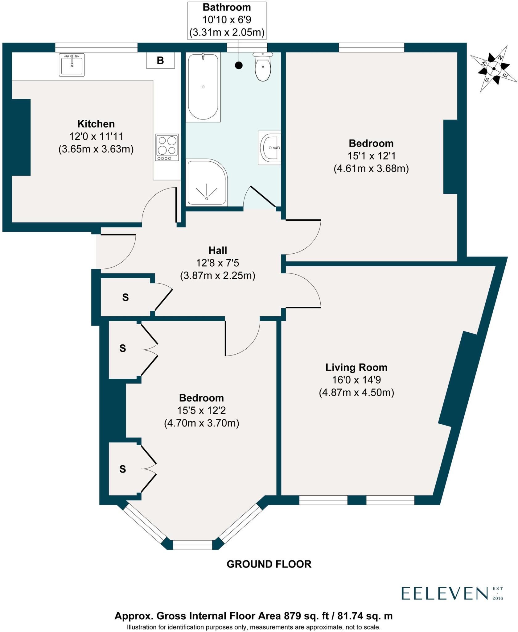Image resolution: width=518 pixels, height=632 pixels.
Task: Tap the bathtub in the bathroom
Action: pyautogui.click(x=203, y=87)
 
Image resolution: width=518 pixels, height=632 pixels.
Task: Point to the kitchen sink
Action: pyautogui.click(x=72, y=65)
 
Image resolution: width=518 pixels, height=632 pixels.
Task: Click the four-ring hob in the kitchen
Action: pyautogui.click(x=167, y=147)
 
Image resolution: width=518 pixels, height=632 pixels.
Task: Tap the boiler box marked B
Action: pyautogui.click(x=160, y=60)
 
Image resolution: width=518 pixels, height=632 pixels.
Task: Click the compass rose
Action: pyautogui.click(x=494, y=69)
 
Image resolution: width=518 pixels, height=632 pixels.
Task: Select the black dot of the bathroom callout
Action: pyautogui.click(x=239, y=65)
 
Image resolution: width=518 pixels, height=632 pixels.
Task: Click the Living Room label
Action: pyautogui.click(x=356, y=367)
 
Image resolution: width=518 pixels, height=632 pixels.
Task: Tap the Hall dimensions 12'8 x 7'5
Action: pyautogui.click(x=218, y=263)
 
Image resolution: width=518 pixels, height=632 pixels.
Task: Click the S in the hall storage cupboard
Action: pyautogui.click(x=125, y=297)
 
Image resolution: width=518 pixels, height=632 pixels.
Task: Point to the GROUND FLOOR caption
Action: pyautogui.click(x=269, y=564)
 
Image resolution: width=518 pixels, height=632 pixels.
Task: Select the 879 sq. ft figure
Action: pyautogui.click(x=301, y=616)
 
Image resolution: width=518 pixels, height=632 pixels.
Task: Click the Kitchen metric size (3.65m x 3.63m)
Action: pyautogui.click(x=96, y=149)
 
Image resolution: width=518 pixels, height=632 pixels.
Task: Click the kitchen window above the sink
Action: pyautogui.click(x=96, y=47)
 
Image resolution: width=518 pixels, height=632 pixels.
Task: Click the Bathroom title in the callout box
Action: pyautogui.click(x=227, y=7)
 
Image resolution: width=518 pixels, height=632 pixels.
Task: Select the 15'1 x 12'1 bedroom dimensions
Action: pyautogui.click(x=371, y=156)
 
